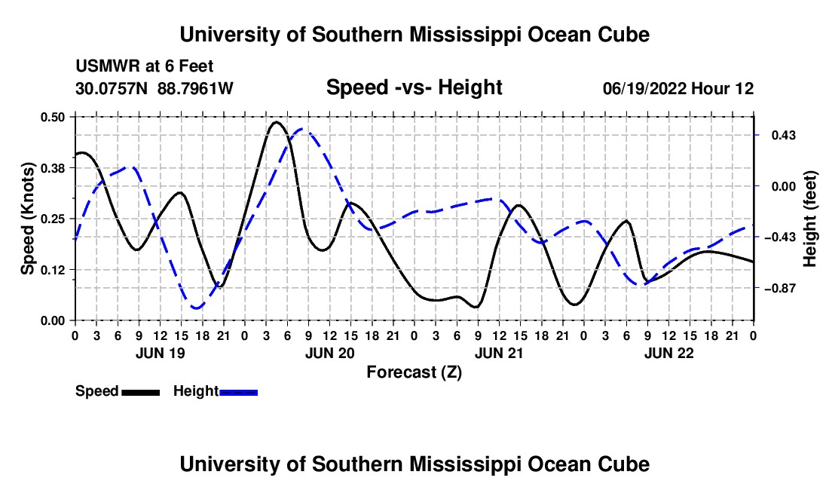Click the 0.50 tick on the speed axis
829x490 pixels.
tap(53, 117)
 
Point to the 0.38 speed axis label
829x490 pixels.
tap(53, 168)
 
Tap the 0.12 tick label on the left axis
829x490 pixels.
tap(53, 270)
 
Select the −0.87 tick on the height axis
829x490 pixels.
tap(779, 289)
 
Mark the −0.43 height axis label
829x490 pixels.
tap(779, 237)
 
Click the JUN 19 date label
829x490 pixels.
tap(161, 354)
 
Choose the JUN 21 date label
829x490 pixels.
tap(499, 354)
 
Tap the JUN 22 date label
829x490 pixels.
tap(668, 354)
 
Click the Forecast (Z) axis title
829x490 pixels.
tap(414, 372)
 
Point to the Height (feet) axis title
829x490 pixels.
tap(810, 219)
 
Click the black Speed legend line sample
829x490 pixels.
tap(141, 393)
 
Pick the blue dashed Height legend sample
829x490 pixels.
tap(238, 393)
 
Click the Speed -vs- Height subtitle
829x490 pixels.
tap(414, 87)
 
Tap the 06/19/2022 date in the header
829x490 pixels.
tap(644, 88)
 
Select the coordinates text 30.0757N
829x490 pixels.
tap(112, 88)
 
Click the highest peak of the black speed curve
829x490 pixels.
tap(275, 122)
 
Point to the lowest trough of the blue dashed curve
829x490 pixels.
tap(197, 308)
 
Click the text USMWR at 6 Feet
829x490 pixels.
tap(145, 66)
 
